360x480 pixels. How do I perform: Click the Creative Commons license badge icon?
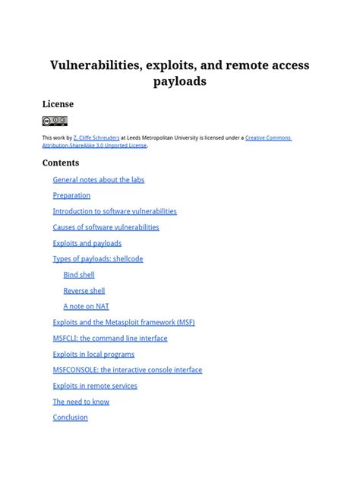[x=55, y=121]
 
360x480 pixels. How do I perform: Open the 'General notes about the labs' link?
[x=98, y=180]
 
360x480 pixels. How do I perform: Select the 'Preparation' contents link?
[x=71, y=196]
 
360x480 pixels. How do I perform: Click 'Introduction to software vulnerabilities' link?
[x=115, y=212]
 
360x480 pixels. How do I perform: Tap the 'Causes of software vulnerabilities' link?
[x=106, y=228]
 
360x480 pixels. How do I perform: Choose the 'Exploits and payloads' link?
[x=87, y=244]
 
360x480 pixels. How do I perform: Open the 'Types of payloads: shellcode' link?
[x=97, y=259]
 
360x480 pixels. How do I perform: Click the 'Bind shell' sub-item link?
[x=79, y=275]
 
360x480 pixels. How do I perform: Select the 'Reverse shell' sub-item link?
[x=84, y=291]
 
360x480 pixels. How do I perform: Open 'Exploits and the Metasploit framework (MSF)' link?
[x=124, y=323]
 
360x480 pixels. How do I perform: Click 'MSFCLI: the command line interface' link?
[x=110, y=339]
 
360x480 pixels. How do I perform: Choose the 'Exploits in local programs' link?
[x=93, y=355]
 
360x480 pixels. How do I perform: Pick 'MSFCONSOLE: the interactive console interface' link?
[x=128, y=371]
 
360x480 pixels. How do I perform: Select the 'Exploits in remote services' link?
[x=95, y=387]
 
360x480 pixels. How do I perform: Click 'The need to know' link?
[x=81, y=402]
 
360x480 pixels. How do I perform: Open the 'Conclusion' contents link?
[x=70, y=418]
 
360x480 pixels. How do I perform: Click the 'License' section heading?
[x=58, y=104]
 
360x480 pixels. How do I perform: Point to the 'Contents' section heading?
[x=61, y=163]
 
